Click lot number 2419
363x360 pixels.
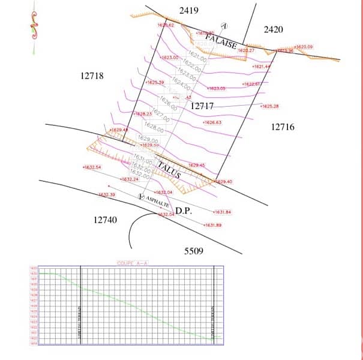pyautogui.click(x=189, y=10)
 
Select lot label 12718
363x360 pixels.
pyautogui.click(x=91, y=76)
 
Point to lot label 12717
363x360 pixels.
pyautogui.click(x=202, y=106)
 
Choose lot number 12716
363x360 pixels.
pyautogui.click(x=283, y=127)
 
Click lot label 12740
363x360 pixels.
pyautogui.click(x=106, y=220)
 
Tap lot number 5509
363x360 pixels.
pyautogui.click(x=194, y=250)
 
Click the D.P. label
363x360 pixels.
pyautogui.click(x=183, y=211)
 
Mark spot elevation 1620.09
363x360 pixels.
pyautogui.click(x=304, y=46)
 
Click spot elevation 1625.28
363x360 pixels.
pyautogui.click(x=270, y=106)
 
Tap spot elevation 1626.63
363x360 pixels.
pyautogui.click(x=213, y=122)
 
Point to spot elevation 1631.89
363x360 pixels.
pyautogui.click(x=213, y=225)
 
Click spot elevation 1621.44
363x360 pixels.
pyautogui.click(x=262, y=67)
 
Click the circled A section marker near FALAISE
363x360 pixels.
pyautogui.click(x=224, y=26)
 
